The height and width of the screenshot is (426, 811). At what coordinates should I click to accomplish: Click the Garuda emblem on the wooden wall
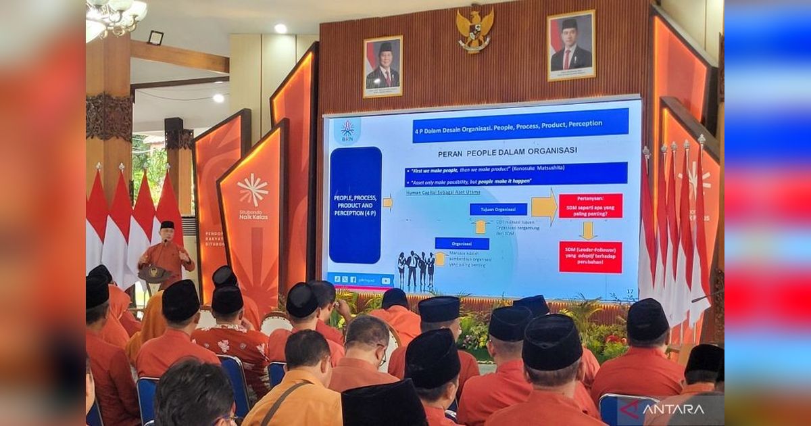tap(474, 28)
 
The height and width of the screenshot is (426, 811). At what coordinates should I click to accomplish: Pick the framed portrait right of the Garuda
tap(571, 45)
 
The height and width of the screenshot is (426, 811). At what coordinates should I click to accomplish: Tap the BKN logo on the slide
tap(347, 131)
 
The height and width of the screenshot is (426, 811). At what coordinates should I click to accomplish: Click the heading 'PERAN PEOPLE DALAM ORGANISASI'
tap(498, 151)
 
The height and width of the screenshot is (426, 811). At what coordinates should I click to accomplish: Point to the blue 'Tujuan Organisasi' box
tap(498, 209)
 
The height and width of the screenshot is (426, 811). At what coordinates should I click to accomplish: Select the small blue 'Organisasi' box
tap(462, 243)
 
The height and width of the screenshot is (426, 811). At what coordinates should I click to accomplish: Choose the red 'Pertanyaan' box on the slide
tap(590, 206)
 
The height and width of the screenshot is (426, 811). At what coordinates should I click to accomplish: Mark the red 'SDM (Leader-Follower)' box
tap(590, 257)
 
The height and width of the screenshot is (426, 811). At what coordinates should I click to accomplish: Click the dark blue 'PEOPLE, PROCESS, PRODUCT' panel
tap(355, 205)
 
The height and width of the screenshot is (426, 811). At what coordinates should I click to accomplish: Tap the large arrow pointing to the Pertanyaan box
tap(543, 207)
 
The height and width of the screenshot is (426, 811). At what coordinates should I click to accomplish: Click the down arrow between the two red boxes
tap(587, 231)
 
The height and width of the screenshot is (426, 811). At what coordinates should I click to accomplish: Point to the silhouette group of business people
tap(416, 269)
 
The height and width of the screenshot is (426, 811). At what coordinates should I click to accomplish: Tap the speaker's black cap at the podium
tap(167, 224)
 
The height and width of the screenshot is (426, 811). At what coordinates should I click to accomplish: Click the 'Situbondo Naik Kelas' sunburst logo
tap(253, 189)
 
